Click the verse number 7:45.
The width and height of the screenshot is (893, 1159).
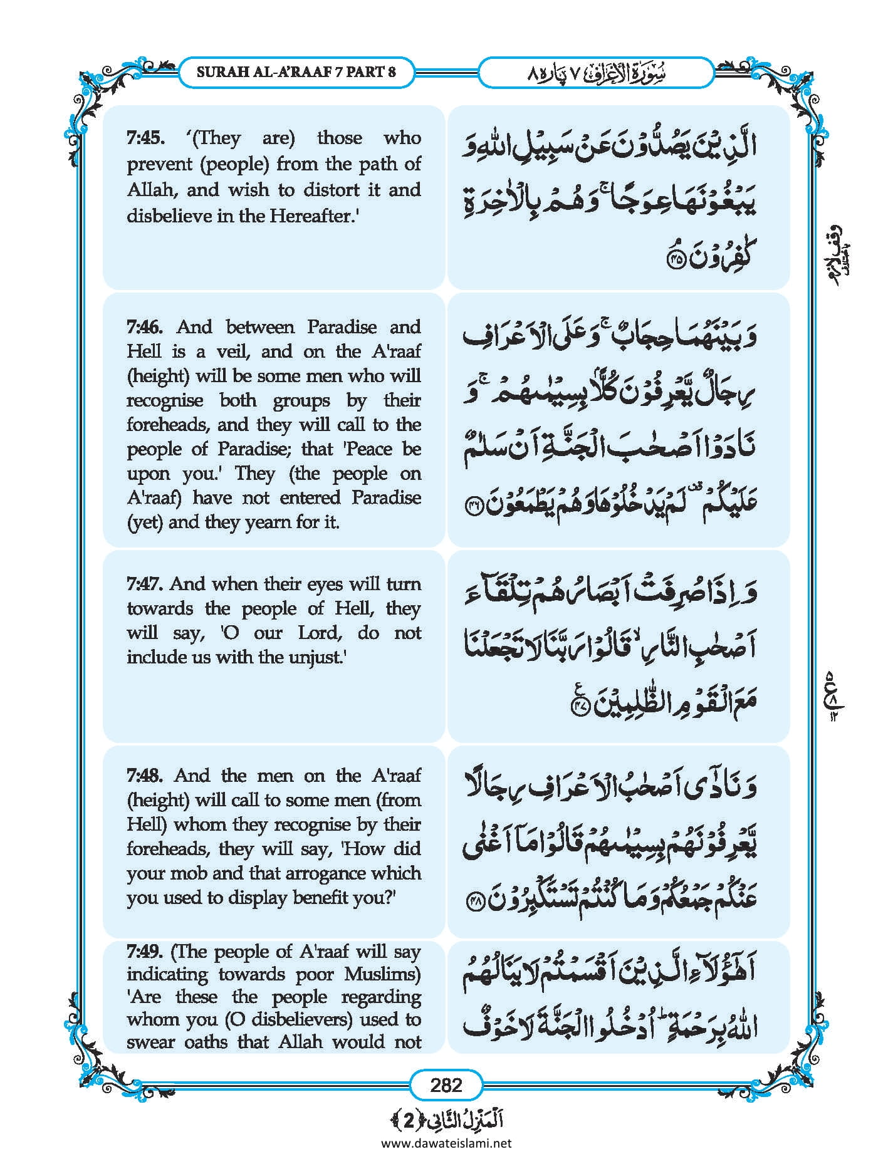(145, 138)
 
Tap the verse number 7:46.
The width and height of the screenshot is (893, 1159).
(145, 327)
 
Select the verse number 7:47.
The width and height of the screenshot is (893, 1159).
(145, 584)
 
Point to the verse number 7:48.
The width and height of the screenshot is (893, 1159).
(145, 776)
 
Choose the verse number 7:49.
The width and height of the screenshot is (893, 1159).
(145, 952)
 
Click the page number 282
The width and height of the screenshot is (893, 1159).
(446, 1084)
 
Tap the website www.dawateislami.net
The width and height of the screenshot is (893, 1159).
(446, 1143)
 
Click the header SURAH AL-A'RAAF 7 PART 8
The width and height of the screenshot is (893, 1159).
(296, 71)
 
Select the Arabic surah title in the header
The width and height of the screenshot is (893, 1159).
(595, 73)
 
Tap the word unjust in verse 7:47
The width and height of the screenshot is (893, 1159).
(315, 657)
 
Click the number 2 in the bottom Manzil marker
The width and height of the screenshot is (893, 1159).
(409, 1120)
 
